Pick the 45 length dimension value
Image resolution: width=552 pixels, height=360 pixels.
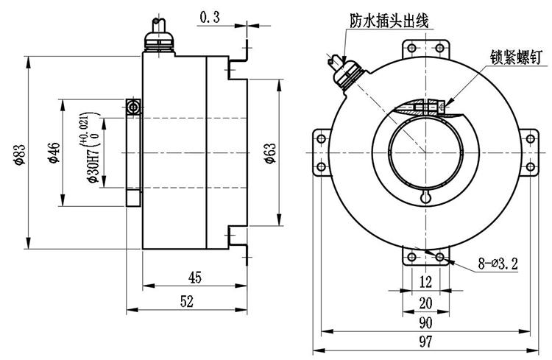click(x=194, y=278)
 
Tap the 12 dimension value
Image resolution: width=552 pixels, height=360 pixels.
click(x=425, y=282)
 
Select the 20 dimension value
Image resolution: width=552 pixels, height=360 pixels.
click(x=425, y=302)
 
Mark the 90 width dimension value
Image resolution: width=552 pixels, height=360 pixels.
click(x=425, y=322)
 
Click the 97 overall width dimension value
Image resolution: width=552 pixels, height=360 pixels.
click(x=425, y=343)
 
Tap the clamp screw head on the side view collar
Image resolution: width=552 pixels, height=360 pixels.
click(x=133, y=107)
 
